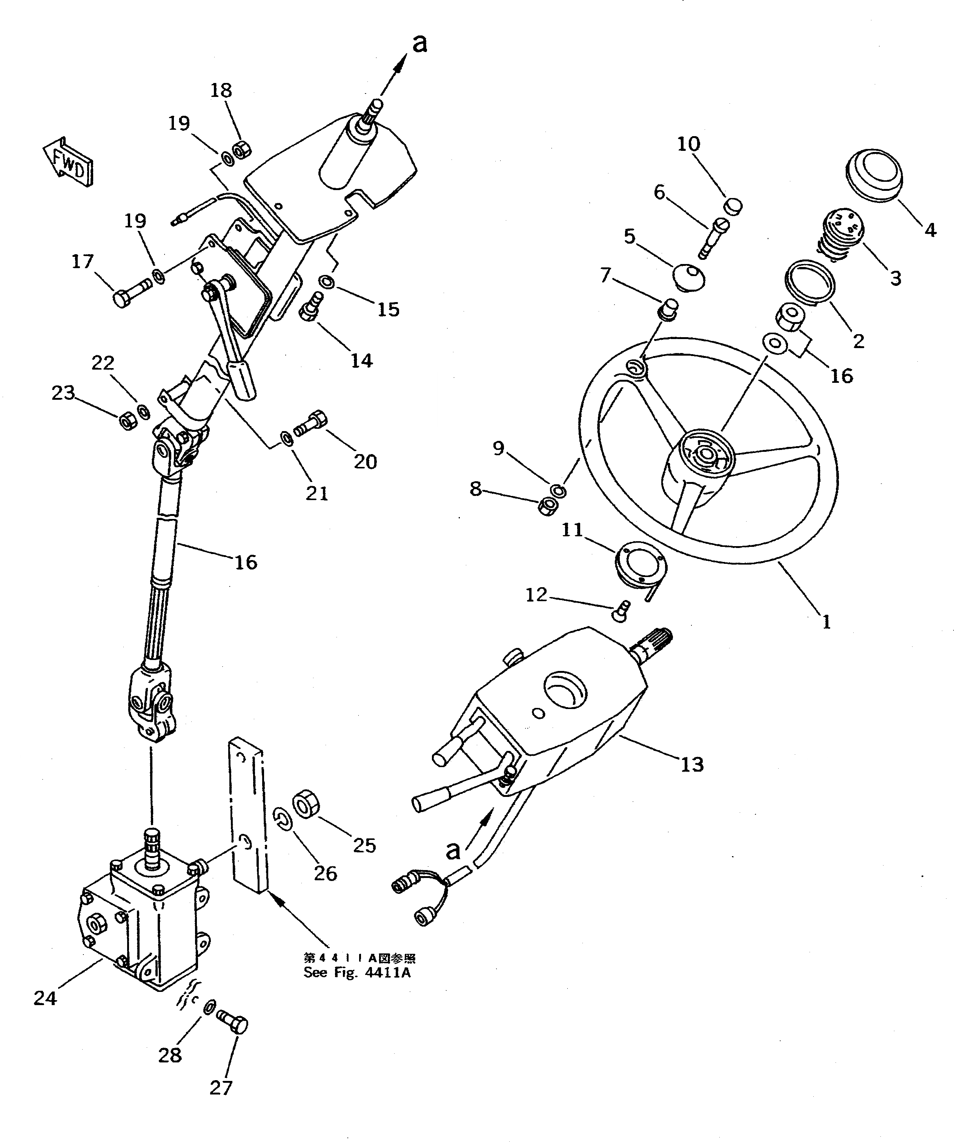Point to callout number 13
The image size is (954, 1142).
(x=692, y=764)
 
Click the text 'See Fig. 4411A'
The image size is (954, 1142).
(x=357, y=973)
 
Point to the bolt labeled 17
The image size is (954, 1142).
(x=131, y=292)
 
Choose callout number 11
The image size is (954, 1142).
(x=571, y=530)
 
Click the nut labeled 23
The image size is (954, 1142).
(x=127, y=421)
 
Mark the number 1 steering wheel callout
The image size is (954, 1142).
(x=826, y=622)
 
